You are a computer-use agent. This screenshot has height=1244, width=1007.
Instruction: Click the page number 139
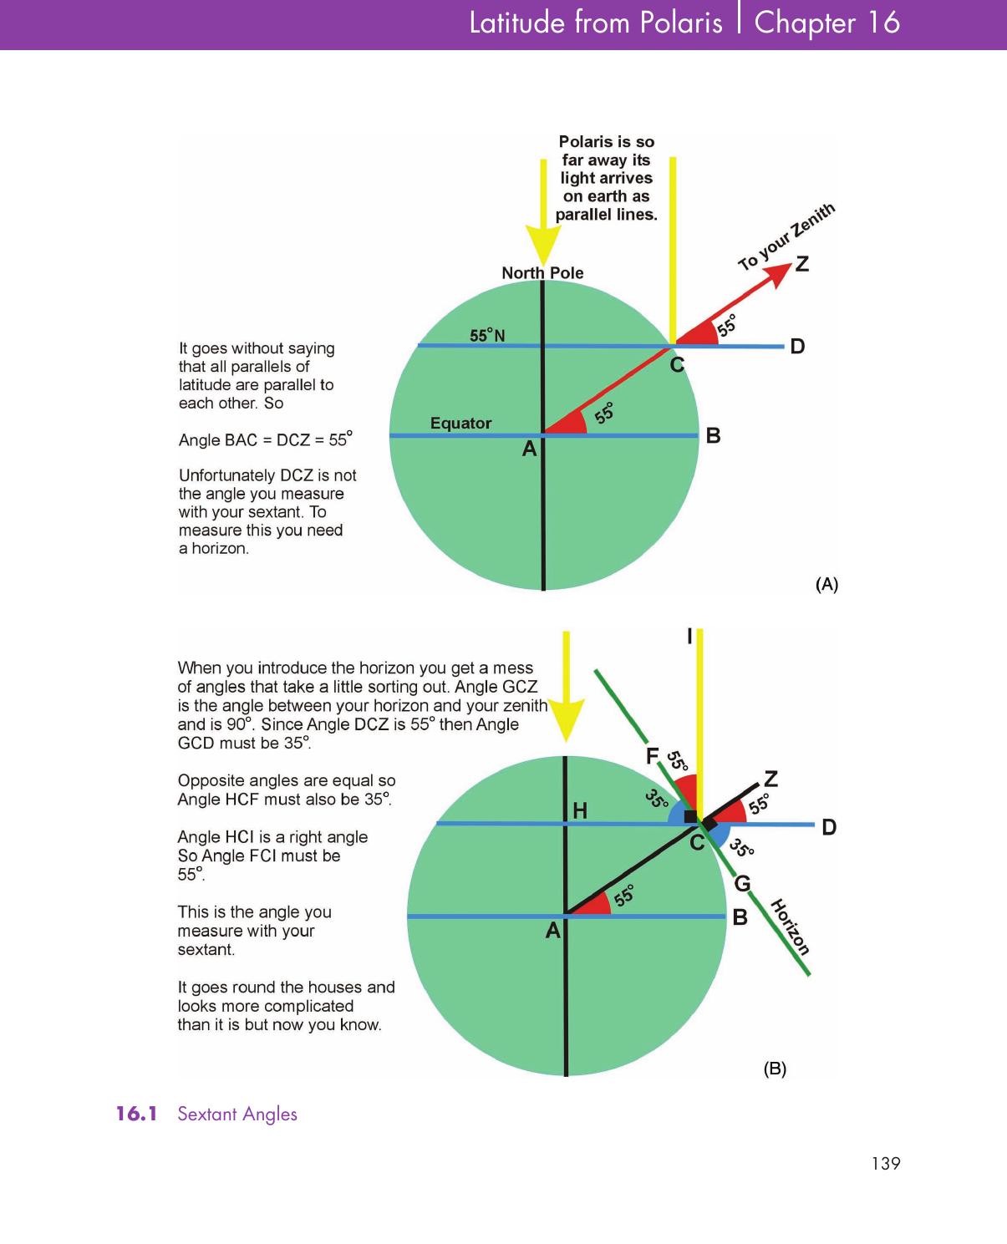click(x=885, y=1163)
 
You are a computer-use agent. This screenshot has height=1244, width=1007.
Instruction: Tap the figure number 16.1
click(x=136, y=1114)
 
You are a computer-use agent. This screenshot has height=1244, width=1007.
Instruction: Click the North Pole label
click(x=542, y=273)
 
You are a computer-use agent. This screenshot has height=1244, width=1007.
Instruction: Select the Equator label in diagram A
click(x=460, y=423)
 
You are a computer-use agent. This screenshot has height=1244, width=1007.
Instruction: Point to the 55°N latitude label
click(x=487, y=336)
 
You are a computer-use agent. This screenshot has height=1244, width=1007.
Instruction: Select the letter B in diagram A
click(x=713, y=435)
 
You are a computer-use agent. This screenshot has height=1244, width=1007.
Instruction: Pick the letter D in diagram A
click(x=797, y=346)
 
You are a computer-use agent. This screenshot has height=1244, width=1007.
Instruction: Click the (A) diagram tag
click(x=826, y=584)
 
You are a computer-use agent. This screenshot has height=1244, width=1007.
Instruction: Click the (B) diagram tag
click(x=775, y=1069)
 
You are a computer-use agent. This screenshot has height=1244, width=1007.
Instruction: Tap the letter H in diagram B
click(x=580, y=810)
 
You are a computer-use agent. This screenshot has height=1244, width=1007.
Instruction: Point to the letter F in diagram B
click(x=653, y=756)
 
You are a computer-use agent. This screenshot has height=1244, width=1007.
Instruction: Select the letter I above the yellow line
click(x=689, y=637)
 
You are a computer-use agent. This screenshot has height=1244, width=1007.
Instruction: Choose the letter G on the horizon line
click(x=742, y=883)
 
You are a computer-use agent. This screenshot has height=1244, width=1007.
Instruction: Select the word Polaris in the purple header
click(x=681, y=23)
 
